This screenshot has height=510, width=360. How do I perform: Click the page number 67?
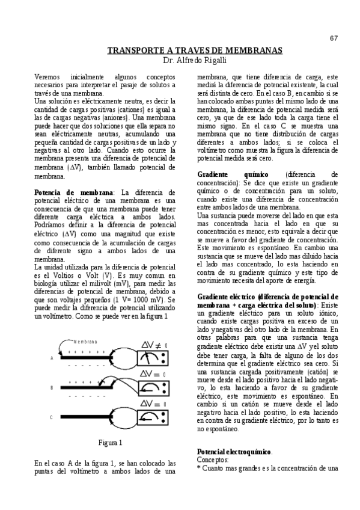pyautogui.click(x=334, y=38)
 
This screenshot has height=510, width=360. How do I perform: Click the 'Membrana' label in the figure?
pyautogui.click(x=85, y=340)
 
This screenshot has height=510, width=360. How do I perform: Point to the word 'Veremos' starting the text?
pyautogui.click(x=49, y=78)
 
